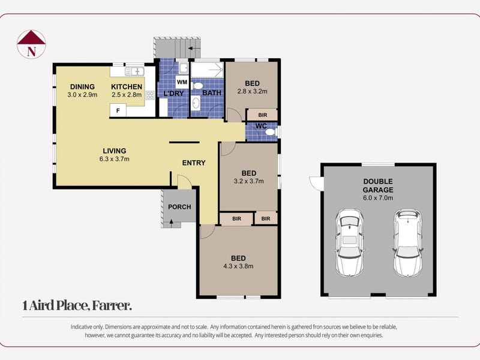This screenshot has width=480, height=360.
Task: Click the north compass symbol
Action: (x=31, y=44)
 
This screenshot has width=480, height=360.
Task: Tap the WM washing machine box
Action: (x=182, y=82)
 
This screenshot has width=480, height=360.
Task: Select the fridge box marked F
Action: (x=118, y=110)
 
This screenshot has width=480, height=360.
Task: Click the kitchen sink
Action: (x=134, y=71)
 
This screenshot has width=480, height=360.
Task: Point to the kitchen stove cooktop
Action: (x=149, y=95)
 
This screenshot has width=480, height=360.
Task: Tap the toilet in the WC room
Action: (x=271, y=132)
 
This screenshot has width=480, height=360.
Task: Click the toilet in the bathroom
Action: (x=197, y=86)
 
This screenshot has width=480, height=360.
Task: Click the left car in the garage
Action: (x=349, y=243)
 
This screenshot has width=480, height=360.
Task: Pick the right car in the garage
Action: (x=408, y=243)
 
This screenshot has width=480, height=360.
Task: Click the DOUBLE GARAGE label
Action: (x=378, y=185)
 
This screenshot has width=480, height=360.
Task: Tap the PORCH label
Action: (x=179, y=207)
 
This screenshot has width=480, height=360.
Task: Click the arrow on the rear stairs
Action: (x=192, y=48)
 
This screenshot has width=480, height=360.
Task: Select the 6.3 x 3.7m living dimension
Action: (x=115, y=159)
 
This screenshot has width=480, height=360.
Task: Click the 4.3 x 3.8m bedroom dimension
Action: (x=238, y=266)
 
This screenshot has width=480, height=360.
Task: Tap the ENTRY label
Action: (x=194, y=163)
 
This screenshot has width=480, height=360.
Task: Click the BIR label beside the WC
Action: (x=263, y=115)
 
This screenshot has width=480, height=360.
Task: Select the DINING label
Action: (x=82, y=87)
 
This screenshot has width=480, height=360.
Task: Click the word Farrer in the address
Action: (x=112, y=305)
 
